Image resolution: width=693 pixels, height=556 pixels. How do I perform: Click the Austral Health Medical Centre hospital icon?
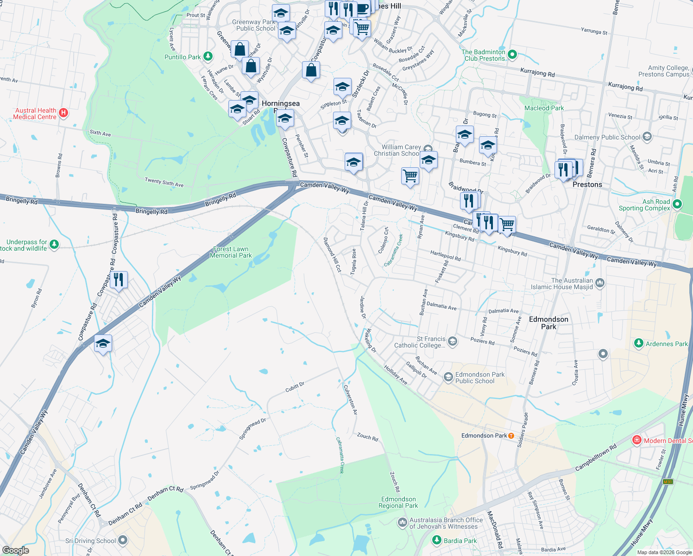(x=63, y=113)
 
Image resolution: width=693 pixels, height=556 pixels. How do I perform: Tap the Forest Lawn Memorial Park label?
(x=231, y=253)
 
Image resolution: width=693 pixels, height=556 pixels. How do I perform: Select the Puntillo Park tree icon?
(x=208, y=57)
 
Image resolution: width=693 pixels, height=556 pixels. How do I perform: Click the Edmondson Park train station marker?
(x=511, y=436)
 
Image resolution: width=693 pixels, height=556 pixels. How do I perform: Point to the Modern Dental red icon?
(x=637, y=440)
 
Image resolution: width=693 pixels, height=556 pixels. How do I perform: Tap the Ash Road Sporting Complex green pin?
(x=677, y=204)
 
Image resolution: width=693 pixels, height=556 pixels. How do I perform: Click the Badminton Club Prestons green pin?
(x=512, y=55)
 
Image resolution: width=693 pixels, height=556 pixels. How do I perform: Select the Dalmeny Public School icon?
(x=647, y=137)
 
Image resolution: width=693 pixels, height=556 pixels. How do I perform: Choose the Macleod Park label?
(x=544, y=108)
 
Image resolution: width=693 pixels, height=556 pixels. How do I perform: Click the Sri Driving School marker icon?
(x=122, y=540)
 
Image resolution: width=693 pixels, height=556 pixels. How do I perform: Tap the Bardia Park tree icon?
(x=436, y=540)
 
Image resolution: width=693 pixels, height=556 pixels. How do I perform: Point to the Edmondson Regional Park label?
(x=398, y=502)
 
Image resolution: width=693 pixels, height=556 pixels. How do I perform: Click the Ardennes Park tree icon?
(x=638, y=343)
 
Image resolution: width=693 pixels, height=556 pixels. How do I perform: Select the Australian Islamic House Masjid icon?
(x=600, y=283)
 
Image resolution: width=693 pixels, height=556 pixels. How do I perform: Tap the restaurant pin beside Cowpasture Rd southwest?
(x=119, y=280)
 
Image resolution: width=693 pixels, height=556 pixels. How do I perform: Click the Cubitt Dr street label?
(x=295, y=387)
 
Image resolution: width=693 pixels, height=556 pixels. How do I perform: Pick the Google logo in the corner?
(x=15, y=550)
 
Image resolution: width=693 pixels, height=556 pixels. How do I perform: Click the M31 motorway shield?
(x=667, y=482)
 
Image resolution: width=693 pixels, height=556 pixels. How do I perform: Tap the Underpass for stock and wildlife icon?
(x=54, y=244)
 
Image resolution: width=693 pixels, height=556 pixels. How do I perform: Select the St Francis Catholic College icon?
(x=453, y=341)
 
